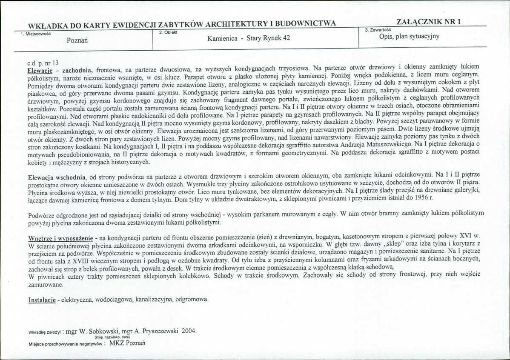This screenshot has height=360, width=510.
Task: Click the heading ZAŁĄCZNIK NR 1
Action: click(428, 23)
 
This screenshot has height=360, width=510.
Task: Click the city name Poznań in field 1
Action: click(77, 40)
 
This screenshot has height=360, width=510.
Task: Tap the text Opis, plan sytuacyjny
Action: click(409, 36)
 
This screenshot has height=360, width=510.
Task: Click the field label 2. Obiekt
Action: click(166, 32)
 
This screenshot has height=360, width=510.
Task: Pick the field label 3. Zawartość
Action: click(378, 30)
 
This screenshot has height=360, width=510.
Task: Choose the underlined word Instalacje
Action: click(42, 299)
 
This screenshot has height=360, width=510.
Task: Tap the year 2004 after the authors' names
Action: click(189, 331)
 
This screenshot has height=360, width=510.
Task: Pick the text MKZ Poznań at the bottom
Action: click(128, 343)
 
